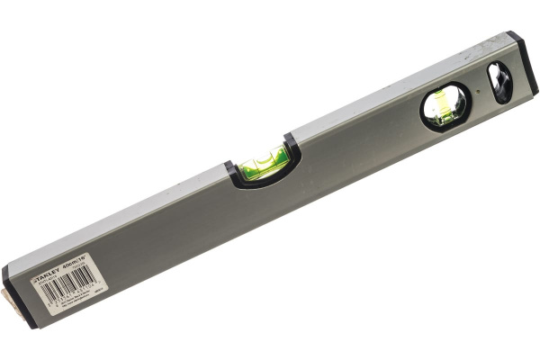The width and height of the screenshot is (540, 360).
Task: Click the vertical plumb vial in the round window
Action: [x=445, y=104]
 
